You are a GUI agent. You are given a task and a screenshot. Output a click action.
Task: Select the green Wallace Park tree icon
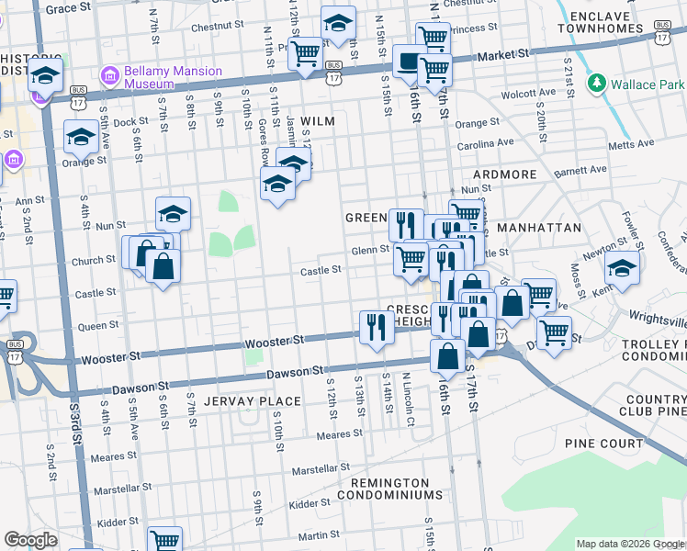click(x=597, y=84)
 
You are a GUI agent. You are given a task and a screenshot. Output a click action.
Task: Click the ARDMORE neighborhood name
click(x=504, y=174)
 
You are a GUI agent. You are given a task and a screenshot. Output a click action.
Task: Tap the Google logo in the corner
click(x=30, y=540)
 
